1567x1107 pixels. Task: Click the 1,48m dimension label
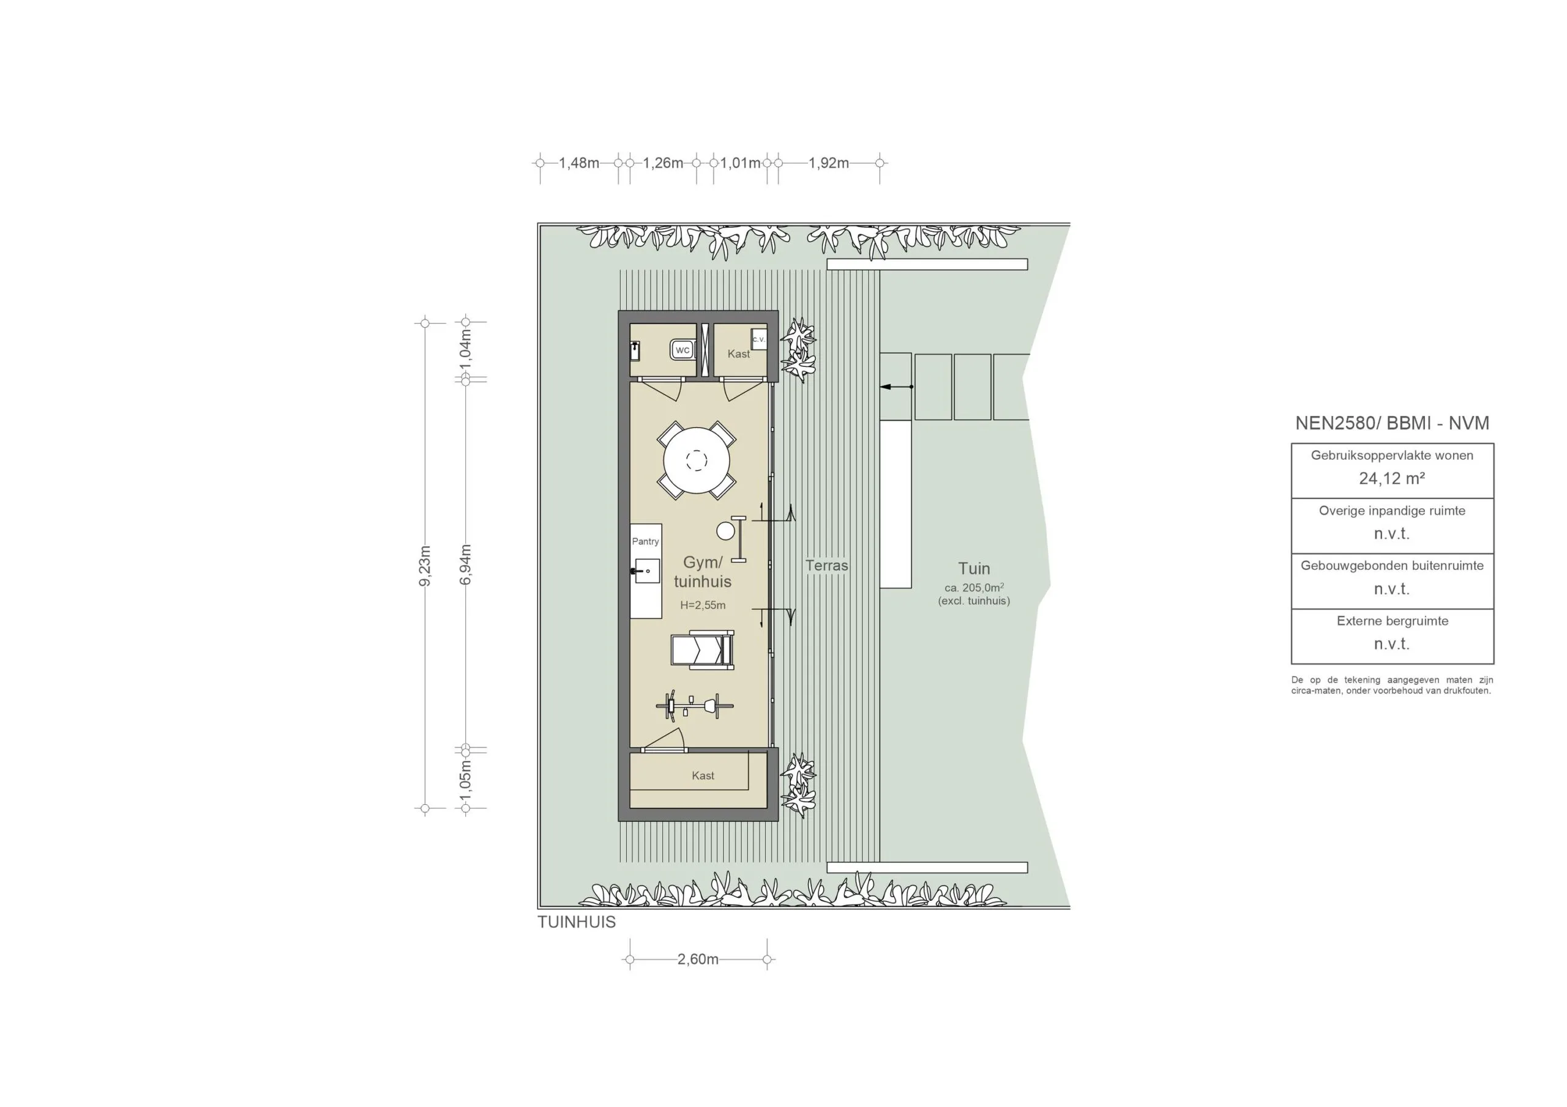pos(579,163)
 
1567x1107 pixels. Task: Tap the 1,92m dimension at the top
pos(829,163)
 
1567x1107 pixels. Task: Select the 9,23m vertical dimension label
pos(425,566)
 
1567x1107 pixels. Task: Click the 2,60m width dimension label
pos(698,959)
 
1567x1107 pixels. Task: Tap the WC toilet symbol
pos(682,350)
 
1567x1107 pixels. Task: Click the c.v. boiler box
pos(758,339)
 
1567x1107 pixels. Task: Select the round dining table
pos(696,461)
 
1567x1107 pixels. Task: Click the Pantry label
pos(645,541)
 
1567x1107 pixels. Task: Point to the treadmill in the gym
pos(702,650)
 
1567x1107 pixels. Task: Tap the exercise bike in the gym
pos(695,705)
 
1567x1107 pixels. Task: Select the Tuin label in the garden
pos(973,568)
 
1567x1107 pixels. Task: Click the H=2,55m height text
pos(702,605)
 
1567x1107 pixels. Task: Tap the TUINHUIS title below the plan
pos(576,922)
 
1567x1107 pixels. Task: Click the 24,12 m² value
pos(1391,478)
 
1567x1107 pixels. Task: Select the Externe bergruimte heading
pos(1391,621)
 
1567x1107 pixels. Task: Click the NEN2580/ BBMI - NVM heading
pos(1391,423)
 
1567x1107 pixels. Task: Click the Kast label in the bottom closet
pos(702,776)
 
